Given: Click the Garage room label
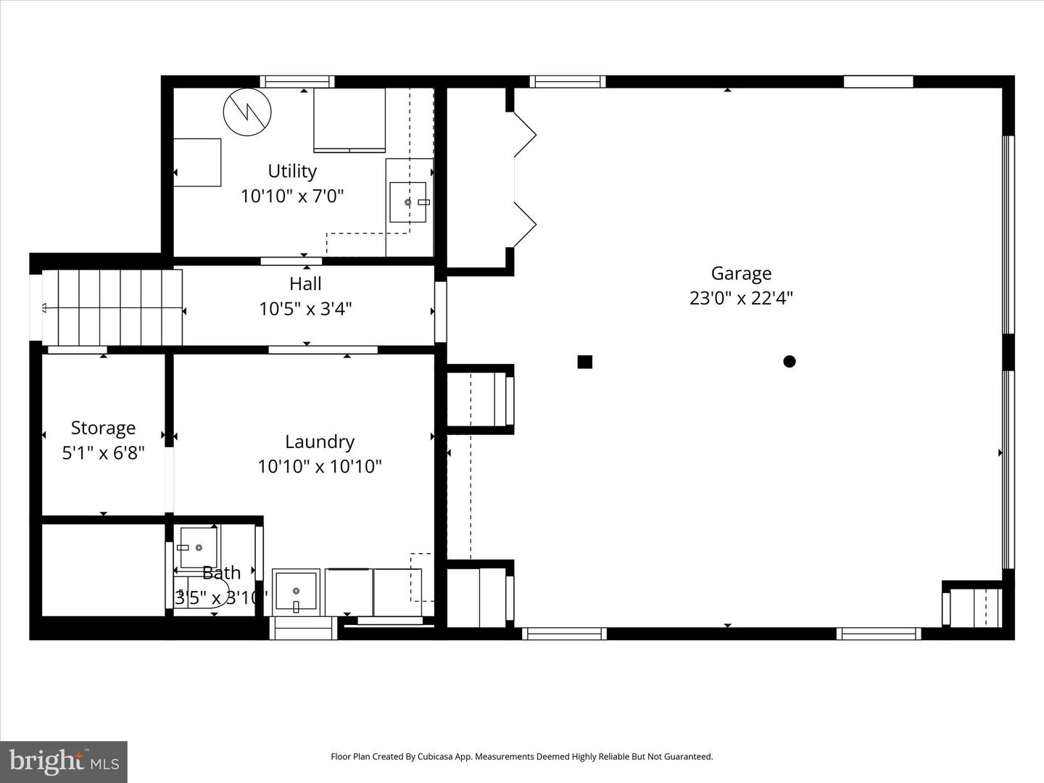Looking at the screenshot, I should [740, 273].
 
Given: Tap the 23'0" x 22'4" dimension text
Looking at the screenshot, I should [740, 298].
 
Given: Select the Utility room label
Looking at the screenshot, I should [292, 171].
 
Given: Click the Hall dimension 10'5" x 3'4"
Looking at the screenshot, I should [305, 309].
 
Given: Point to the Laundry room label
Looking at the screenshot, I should [319, 442].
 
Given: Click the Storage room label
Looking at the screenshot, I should [103, 428].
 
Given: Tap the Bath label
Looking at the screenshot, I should [221, 573].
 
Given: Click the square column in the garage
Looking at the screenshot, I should [585, 362].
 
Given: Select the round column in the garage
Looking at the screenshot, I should [790, 361].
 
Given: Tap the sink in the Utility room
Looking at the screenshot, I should [408, 202].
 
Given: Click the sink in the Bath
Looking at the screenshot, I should [198, 547].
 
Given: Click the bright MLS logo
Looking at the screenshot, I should [64, 761].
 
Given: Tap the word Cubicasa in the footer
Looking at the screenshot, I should [437, 757].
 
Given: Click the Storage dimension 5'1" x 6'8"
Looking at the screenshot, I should [103, 453].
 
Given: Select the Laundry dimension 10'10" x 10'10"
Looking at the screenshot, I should [319, 466].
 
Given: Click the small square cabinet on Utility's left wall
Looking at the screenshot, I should [197, 162].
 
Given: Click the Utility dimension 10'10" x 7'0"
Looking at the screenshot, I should [292, 196].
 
